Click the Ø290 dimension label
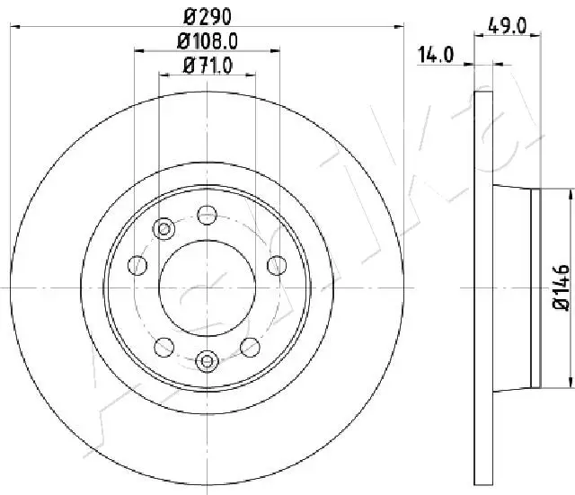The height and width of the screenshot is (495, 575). [208, 16]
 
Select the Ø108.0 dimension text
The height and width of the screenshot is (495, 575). [208, 41]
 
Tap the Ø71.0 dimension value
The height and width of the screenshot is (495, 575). [208, 66]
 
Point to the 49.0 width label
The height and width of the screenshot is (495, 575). [507, 26]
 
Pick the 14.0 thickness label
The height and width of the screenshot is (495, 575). [436, 55]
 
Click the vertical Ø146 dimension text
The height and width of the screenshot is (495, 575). [562, 287]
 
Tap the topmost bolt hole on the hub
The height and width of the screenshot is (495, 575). [208, 215]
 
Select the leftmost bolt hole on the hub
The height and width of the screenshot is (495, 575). [137, 265]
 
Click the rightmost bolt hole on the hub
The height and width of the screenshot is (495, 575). [277, 265]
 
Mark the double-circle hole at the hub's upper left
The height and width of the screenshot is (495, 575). [164, 229]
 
